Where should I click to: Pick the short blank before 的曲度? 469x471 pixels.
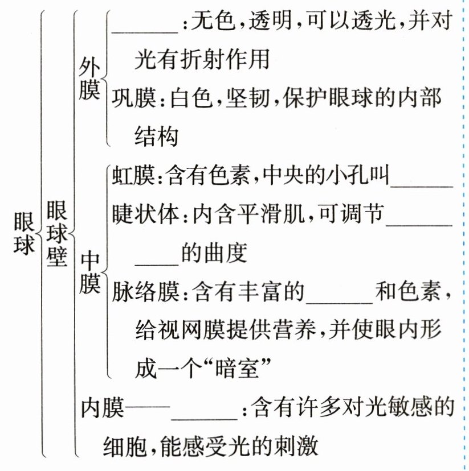(x=157, y=261)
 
